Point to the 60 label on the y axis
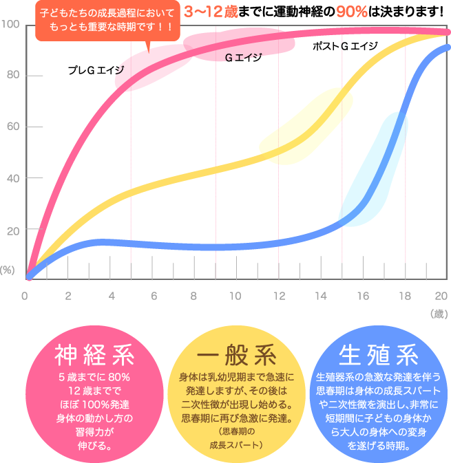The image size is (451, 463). point(13,127)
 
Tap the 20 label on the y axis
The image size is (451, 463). point(13,230)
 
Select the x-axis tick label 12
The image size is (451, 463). point(277,296)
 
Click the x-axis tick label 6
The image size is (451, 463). point(153,296)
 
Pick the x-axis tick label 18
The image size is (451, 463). point(404,296)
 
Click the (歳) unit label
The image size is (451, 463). point(438,314)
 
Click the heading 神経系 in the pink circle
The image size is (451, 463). point(94,356)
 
